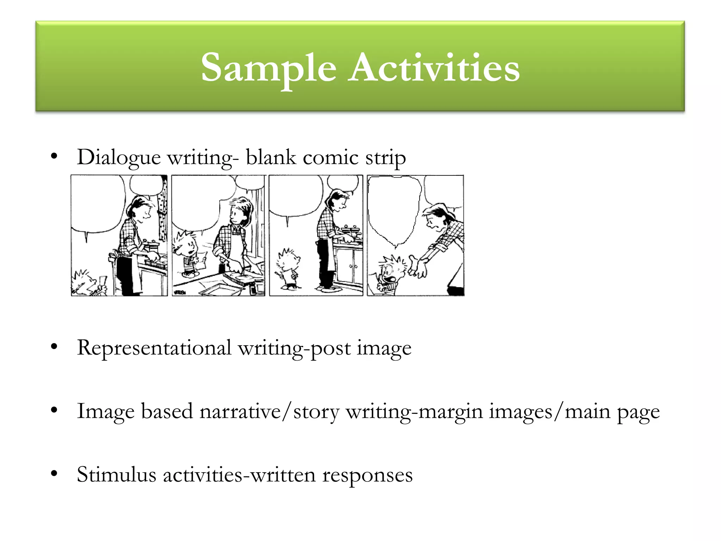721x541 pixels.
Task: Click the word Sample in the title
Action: click(268, 68)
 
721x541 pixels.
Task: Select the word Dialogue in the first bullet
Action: click(119, 158)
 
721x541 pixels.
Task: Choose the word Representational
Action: click(154, 348)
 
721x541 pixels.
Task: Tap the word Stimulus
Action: click(116, 475)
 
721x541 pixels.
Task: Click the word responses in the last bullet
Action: click(368, 475)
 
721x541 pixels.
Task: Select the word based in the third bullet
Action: click(167, 411)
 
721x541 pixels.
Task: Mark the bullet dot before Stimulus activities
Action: click(54, 474)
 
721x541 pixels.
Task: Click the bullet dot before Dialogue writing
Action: click(54, 156)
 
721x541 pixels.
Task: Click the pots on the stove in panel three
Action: click(351, 231)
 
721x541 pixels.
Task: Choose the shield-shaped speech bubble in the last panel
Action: click(394, 208)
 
